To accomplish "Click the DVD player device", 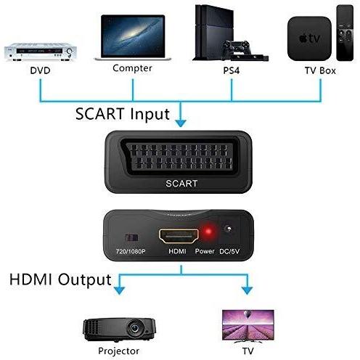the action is [x=41, y=52].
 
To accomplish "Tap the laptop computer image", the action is [x=133, y=38].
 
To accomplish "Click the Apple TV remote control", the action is [x=345, y=33].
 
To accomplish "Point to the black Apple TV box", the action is [x=309, y=38].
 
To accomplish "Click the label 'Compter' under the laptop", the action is [x=132, y=68].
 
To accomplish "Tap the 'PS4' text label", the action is [x=232, y=70].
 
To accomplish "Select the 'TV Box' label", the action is [x=320, y=70].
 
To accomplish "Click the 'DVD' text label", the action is [x=40, y=70].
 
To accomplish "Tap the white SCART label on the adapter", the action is [x=181, y=184].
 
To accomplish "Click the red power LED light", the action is [x=208, y=232].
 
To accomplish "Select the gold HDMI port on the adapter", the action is [x=179, y=236].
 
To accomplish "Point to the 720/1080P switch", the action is [x=132, y=238].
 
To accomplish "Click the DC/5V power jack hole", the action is [x=228, y=229].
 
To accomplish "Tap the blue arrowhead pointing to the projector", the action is [x=119, y=290].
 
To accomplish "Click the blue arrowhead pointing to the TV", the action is [x=247, y=290].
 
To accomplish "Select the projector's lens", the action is [x=134, y=328].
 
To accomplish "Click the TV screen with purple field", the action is [x=248, y=324].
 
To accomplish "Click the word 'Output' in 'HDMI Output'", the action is [x=85, y=280].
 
